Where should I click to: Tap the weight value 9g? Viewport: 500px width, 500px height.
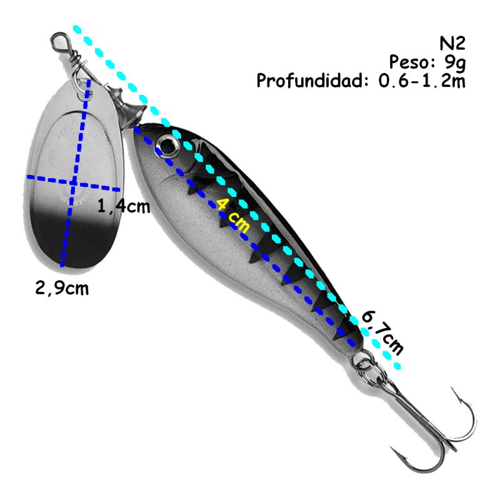(x=452, y=62)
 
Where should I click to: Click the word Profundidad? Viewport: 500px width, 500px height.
(x=313, y=81)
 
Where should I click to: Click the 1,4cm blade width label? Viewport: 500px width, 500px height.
(x=124, y=206)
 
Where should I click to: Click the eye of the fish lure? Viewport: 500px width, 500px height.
(x=168, y=146)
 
